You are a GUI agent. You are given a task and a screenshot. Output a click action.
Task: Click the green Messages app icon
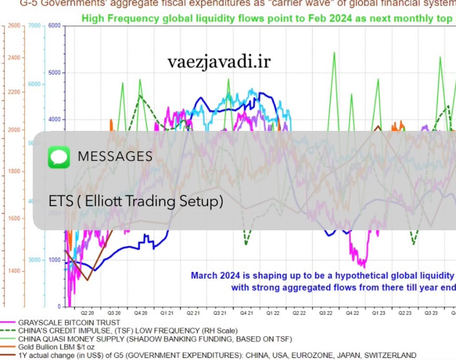(x=58, y=157)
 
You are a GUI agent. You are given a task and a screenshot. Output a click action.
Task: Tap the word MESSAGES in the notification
(x=115, y=157)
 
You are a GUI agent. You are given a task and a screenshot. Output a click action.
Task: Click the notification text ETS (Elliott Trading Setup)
(x=136, y=201)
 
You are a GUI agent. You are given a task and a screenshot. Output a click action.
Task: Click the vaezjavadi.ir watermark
(x=219, y=62)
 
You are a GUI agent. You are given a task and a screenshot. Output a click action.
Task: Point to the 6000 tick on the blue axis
(x=54, y=25)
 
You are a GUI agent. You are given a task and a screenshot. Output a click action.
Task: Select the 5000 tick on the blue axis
(x=54, y=72)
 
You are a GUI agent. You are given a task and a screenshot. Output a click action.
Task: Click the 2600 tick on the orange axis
(x=14, y=25)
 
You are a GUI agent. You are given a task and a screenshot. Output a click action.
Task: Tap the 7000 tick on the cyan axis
(x=34, y=25)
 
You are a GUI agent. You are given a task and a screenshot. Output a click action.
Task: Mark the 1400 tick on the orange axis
(x=14, y=271)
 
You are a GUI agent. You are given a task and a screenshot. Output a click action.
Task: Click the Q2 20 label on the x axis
(x=87, y=313)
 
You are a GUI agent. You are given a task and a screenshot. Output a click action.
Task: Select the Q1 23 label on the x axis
(x=380, y=313)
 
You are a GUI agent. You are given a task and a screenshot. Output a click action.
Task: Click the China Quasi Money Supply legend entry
(x=150, y=339)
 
